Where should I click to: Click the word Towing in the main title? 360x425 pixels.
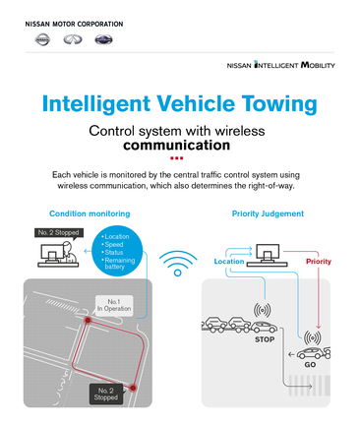coord(268,101)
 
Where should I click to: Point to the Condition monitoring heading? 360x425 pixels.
coord(90,212)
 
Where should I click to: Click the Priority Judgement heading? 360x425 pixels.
coord(268,212)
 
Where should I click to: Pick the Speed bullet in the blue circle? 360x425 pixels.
coord(114,244)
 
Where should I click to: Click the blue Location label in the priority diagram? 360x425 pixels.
coord(228,262)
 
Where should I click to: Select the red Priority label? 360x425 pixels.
coord(319,262)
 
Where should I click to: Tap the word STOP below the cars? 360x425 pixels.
coord(265,338)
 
